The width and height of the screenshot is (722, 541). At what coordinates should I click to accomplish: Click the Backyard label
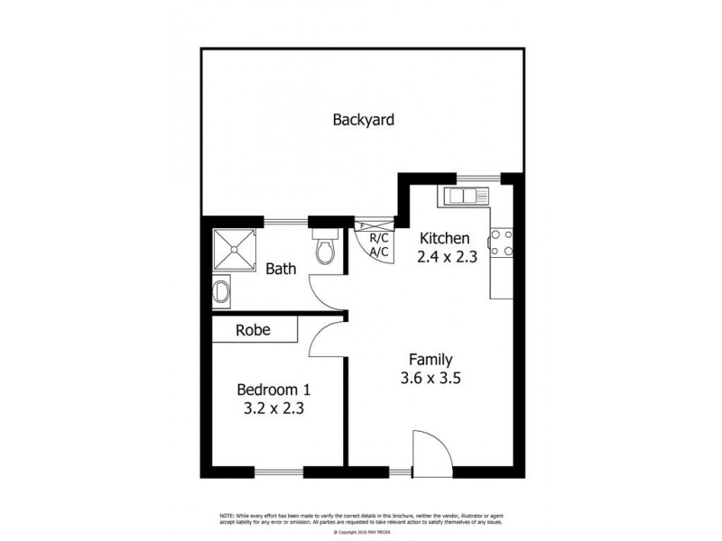pos(364,119)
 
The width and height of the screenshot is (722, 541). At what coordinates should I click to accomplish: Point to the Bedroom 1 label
pos(273,390)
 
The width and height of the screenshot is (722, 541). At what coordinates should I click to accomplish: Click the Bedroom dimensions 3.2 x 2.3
pos(273,408)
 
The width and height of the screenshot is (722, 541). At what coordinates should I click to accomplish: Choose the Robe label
pos(254,330)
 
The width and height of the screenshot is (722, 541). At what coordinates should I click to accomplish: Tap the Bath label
pos(282,268)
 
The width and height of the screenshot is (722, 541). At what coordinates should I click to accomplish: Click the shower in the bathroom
pos(235,250)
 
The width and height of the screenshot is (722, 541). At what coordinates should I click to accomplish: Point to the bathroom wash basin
pos(221,290)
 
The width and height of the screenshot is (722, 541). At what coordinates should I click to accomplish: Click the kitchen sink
pos(463,195)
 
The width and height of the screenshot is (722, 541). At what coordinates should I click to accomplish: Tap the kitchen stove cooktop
pos(502,242)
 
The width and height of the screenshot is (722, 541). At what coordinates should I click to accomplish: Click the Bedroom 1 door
pos(325,338)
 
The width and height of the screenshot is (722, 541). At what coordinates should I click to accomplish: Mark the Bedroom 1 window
pos(278,472)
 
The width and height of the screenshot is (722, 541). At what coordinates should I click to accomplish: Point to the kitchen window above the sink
pos(478,177)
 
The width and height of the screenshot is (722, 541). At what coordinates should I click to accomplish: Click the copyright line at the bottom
pos(360,532)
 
